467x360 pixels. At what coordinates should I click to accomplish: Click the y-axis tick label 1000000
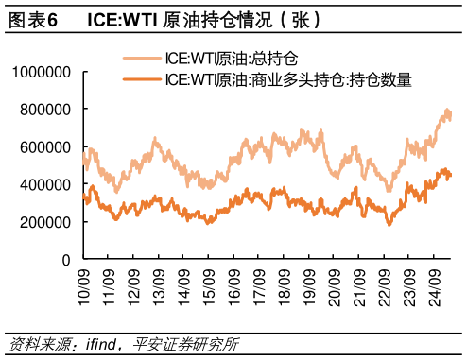(42, 72)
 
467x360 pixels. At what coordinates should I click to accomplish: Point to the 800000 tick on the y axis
(45, 110)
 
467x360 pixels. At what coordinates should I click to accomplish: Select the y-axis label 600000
(45, 147)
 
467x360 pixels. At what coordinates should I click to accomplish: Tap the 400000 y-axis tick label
(45, 184)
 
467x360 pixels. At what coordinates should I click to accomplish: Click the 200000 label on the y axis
(45, 222)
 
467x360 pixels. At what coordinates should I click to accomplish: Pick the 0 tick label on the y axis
(66, 260)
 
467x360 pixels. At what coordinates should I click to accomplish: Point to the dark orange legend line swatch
(141, 80)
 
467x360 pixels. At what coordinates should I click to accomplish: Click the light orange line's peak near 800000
(445, 111)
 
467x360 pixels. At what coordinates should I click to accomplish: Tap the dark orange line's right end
(450, 175)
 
